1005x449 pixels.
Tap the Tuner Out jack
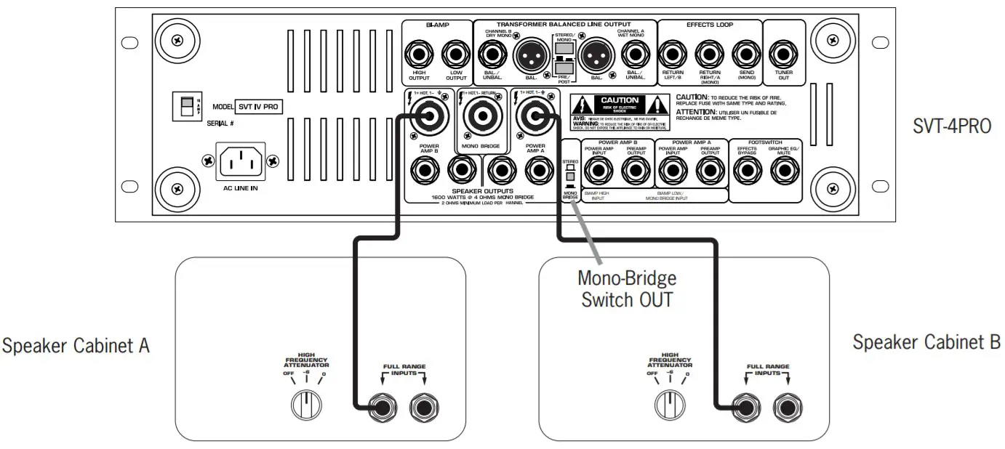[783, 54]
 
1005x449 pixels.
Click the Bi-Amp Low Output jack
[456, 54]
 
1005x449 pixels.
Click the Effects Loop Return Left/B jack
[673, 54]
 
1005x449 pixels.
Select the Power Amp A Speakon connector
[534, 116]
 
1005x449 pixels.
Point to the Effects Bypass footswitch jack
[746, 171]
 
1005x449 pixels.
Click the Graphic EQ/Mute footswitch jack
[784, 171]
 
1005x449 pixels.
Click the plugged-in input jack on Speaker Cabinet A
[379, 408]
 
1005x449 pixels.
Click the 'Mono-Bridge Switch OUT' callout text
[627, 289]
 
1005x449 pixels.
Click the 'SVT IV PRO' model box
[260, 106]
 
